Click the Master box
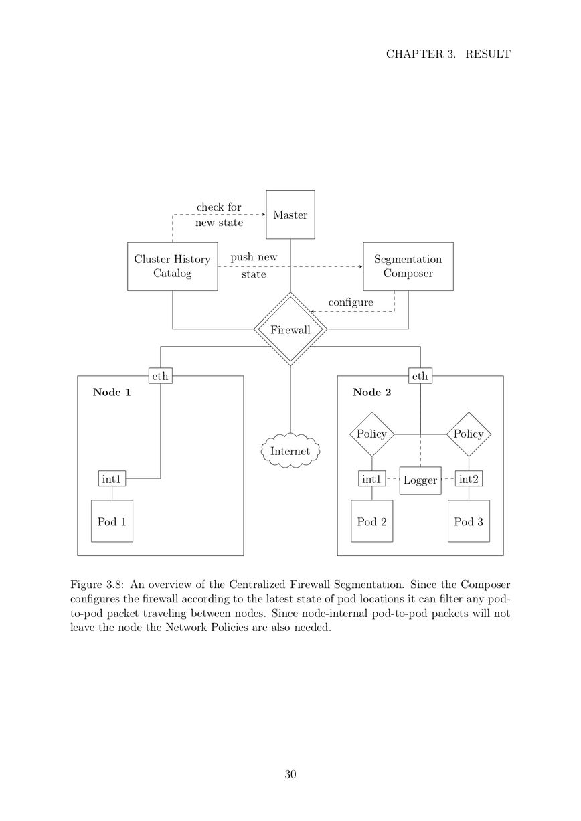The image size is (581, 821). pyautogui.click(x=290, y=215)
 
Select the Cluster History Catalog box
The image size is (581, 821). pyautogui.click(x=173, y=266)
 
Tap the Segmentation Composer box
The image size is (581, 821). pyautogui.click(x=408, y=266)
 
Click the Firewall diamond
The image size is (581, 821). pyautogui.click(x=290, y=329)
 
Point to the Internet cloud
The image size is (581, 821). pyautogui.click(x=290, y=451)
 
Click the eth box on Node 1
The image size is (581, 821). pyautogui.click(x=160, y=376)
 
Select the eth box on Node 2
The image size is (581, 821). pyautogui.click(x=420, y=376)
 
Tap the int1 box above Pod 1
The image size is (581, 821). pyautogui.click(x=112, y=478)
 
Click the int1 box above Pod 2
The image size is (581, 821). pyautogui.click(x=371, y=478)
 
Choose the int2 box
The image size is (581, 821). pyautogui.click(x=469, y=478)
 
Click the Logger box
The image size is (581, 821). pyautogui.click(x=420, y=480)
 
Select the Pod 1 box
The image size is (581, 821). pyautogui.click(x=112, y=521)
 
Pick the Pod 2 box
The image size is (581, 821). pyautogui.click(x=371, y=521)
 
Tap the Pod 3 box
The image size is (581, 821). pyautogui.click(x=469, y=521)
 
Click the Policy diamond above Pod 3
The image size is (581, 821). pyautogui.click(x=469, y=434)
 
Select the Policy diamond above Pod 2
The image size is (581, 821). pyautogui.click(x=371, y=434)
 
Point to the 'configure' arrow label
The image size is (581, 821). pyautogui.click(x=351, y=302)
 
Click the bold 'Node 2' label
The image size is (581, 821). pyautogui.click(x=371, y=393)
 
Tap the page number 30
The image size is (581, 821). pyautogui.click(x=290, y=774)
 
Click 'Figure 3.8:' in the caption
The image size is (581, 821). pyautogui.click(x=96, y=584)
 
